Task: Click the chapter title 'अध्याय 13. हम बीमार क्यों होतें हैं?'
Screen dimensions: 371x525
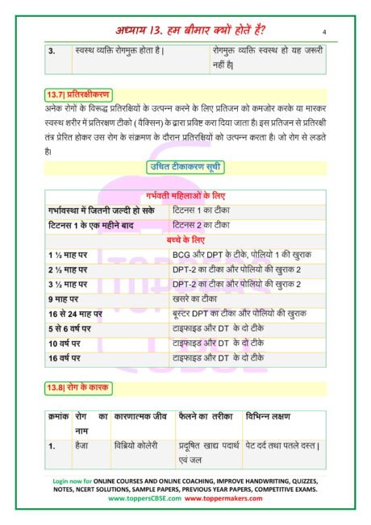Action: pos(185,30)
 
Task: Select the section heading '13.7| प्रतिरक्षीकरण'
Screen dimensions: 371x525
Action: pos(76,94)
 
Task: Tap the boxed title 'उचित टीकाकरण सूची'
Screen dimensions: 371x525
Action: pos(185,167)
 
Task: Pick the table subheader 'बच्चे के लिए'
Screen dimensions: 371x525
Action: pos(186,240)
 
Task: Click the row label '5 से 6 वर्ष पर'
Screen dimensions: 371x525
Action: pos(73,329)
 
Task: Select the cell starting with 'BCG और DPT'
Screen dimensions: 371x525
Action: pos(242,255)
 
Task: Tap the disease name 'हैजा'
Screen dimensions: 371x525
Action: pos(83,446)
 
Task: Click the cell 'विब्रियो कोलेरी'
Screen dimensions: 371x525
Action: pos(136,446)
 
